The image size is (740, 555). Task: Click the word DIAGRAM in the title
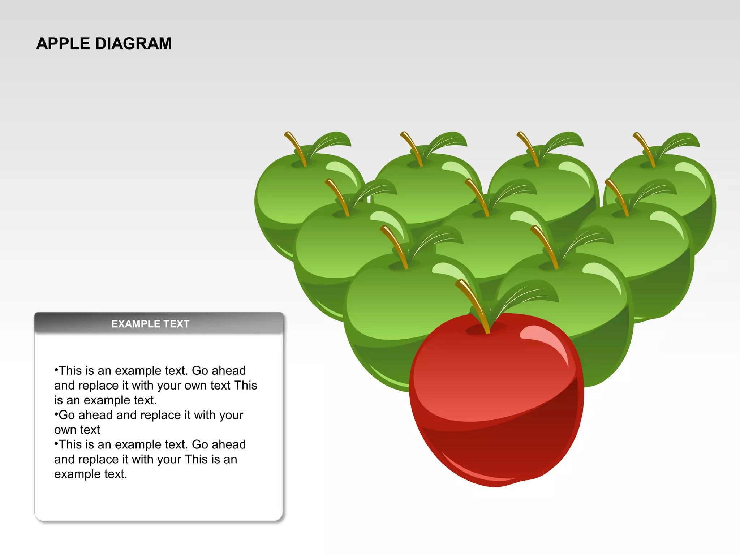[x=133, y=44]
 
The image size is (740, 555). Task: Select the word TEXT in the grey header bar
[x=177, y=324]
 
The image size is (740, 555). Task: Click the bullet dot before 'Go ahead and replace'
[x=56, y=414]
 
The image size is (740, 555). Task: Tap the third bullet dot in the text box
[x=56, y=444]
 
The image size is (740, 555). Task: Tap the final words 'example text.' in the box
[x=91, y=474]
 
